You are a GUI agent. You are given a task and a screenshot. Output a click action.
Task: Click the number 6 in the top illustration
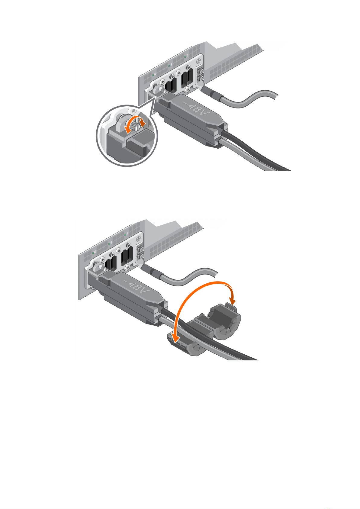(155, 74)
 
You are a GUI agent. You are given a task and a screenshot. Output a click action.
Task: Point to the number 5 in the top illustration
(171, 65)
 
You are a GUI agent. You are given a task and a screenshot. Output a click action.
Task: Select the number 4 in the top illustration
(187, 55)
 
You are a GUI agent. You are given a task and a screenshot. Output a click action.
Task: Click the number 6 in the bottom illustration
(95, 252)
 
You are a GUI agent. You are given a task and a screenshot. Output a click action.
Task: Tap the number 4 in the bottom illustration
(127, 233)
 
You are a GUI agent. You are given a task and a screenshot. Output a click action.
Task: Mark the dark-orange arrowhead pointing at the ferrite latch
(233, 301)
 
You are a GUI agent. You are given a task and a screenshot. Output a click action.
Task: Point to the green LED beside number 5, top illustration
(169, 66)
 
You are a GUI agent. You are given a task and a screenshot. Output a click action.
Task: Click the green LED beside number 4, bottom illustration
(125, 234)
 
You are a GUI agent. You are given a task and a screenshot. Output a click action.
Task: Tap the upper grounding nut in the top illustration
(201, 69)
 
